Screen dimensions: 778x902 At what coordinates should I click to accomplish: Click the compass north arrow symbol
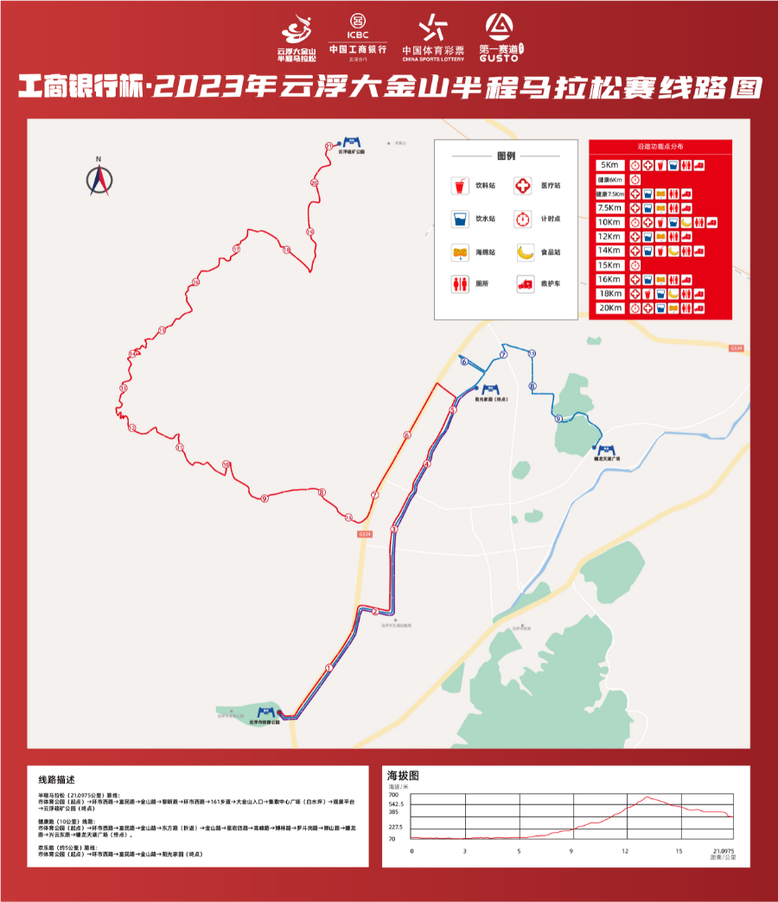tap(99, 178)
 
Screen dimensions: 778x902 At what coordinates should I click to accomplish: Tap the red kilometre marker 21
tap(328, 148)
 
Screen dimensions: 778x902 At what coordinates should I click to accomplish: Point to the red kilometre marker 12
tap(131, 428)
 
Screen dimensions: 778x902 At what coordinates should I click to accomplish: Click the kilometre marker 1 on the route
tap(328, 667)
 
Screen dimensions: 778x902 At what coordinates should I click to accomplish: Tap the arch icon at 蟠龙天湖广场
tap(607, 450)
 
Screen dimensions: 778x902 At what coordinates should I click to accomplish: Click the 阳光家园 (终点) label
tap(491, 400)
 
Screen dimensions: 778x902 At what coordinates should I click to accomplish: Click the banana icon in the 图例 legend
tap(526, 251)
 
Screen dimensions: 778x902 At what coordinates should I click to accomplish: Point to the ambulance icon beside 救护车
tap(525, 283)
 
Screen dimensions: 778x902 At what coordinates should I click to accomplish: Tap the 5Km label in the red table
tap(609, 164)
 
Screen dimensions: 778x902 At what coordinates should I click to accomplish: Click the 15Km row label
tap(609, 265)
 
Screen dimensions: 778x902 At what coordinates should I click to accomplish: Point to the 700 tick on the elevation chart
tap(393, 794)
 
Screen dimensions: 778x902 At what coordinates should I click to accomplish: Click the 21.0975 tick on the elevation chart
tap(724, 851)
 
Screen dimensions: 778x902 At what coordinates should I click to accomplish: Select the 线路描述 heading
tap(58, 778)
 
